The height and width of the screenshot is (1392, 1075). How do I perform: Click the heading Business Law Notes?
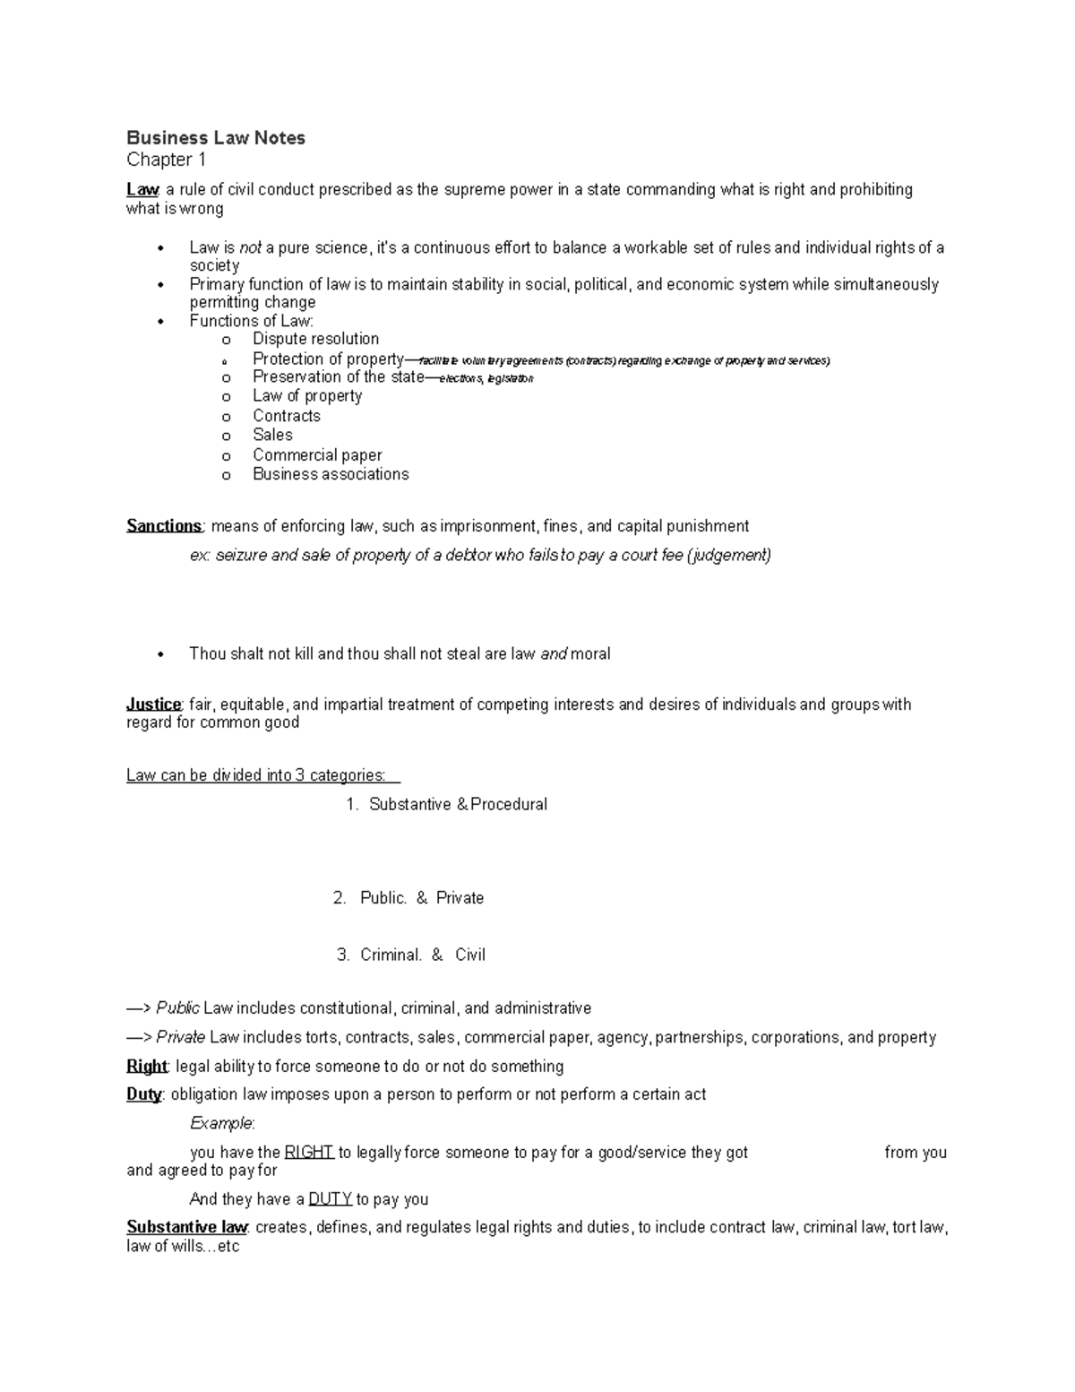[x=216, y=138]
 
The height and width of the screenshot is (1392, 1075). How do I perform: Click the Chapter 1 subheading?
[x=167, y=160]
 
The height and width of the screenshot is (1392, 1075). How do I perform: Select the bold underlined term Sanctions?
[x=165, y=526]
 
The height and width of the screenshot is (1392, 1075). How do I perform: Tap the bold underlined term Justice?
[x=154, y=705]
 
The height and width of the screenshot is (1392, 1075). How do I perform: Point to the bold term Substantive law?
[x=186, y=1227]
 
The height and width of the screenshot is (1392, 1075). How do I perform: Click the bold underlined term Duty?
[x=143, y=1094]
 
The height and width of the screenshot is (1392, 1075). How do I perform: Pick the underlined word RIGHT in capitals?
[x=309, y=1153]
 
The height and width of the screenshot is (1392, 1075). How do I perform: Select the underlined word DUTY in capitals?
[x=330, y=1199]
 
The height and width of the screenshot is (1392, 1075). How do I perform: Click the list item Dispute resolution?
[x=315, y=339]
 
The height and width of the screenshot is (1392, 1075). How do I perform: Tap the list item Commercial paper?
[x=317, y=455]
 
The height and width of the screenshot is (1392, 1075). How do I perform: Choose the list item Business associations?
[x=331, y=474]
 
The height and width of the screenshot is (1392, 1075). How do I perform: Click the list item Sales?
[x=272, y=435]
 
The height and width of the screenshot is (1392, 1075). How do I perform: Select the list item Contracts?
[x=286, y=416]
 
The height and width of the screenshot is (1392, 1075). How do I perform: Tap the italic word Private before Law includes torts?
[x=181, y=1038]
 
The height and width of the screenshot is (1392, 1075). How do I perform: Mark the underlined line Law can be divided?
[x=256, y=775]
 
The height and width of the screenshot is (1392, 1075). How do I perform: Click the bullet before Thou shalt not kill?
[x=161, y=654]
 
